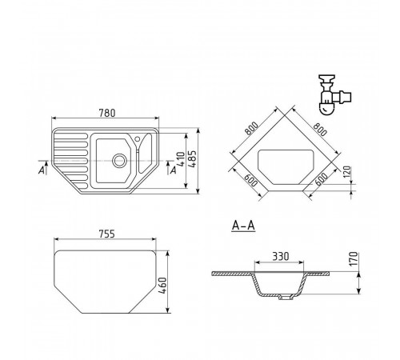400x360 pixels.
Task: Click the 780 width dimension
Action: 107,113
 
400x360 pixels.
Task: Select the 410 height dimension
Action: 181,159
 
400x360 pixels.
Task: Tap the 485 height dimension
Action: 193,159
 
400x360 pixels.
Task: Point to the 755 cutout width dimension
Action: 106,234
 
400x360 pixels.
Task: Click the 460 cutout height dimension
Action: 162,286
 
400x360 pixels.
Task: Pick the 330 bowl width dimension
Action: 281,256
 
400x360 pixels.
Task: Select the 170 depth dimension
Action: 353,258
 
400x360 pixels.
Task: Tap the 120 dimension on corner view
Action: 347,173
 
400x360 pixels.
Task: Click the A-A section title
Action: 243,226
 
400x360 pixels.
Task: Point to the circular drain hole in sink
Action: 119,161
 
